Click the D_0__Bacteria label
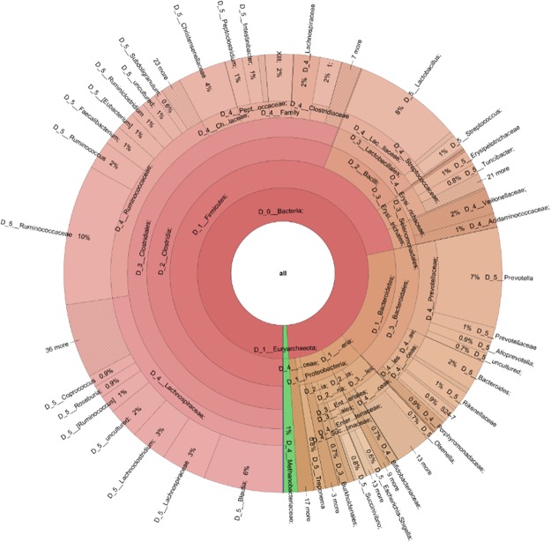[x=280, y=214]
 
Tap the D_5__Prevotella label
[x=510, y=278]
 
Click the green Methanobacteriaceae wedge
[x=288, y=414]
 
